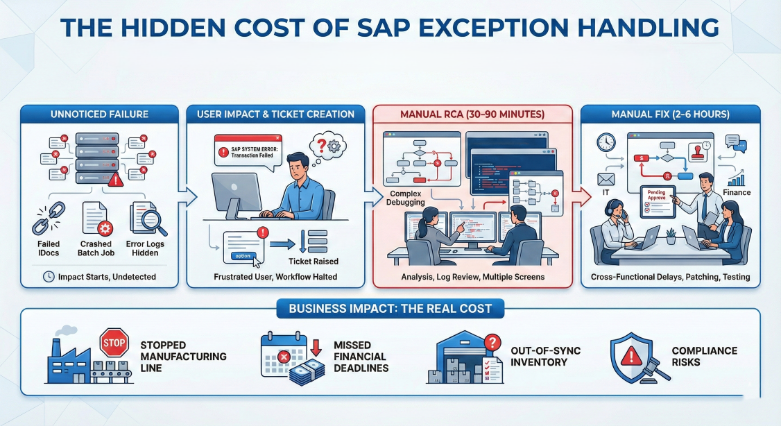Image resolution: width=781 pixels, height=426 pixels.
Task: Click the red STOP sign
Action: tap(114, 342)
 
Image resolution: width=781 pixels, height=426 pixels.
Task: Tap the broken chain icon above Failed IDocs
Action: tap(49, 219)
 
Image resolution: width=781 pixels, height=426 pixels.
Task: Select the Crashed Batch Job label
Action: tap(96, 248)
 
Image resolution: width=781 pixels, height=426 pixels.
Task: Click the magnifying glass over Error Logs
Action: tap(153, 221)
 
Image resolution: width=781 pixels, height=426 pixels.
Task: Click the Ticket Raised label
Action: tap(314, 262)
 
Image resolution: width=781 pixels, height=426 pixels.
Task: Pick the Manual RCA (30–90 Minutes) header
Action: tap(472, 114)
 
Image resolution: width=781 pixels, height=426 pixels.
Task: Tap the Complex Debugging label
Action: tap(406, 198)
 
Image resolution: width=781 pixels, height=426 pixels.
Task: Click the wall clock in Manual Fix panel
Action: tap(606, 142)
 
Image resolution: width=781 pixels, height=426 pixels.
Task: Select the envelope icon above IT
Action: tap(606, 179)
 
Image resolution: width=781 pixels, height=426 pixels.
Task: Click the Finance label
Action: tap(737, 192)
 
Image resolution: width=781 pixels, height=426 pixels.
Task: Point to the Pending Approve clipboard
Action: tap(658, 202)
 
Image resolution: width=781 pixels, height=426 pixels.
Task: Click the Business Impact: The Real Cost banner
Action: tap(390, 309)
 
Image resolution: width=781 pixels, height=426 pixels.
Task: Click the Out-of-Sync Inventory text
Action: tap(545, 356)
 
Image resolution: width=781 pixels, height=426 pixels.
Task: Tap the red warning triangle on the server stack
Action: tap(116, 179)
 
